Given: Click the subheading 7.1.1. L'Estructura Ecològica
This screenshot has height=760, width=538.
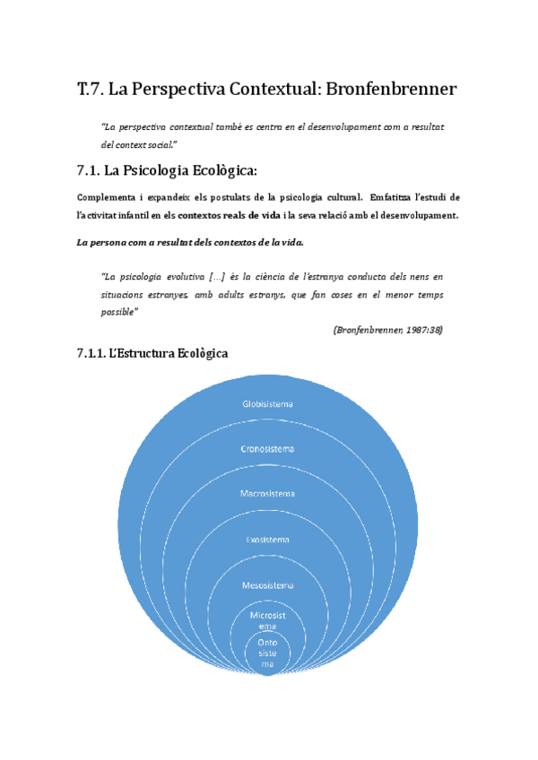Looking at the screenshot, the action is (152, 354).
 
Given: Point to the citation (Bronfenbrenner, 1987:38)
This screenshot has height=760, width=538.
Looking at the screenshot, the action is (387, 330).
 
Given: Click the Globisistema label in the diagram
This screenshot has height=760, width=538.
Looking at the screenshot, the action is (267, 404).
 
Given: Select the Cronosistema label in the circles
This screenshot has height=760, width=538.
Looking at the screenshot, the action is (267, 448).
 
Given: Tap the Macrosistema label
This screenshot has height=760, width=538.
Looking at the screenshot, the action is (267, 494).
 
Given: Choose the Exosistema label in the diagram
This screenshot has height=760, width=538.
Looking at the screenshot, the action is (267, 540).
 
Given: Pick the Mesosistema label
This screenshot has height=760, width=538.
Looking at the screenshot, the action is (267, 585).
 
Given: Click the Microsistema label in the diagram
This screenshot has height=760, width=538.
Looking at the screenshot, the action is (267, 620).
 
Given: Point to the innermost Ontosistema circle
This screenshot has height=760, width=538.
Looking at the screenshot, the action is (267, 653).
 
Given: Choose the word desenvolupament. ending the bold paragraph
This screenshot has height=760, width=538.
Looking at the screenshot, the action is (410, 215).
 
